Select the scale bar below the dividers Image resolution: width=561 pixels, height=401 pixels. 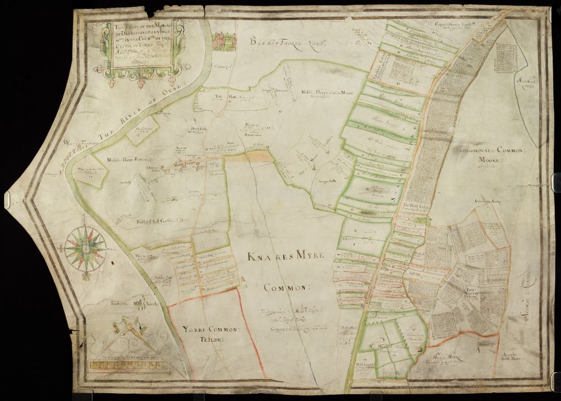point(129,365)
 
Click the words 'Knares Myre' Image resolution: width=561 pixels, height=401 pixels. point(286,256)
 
